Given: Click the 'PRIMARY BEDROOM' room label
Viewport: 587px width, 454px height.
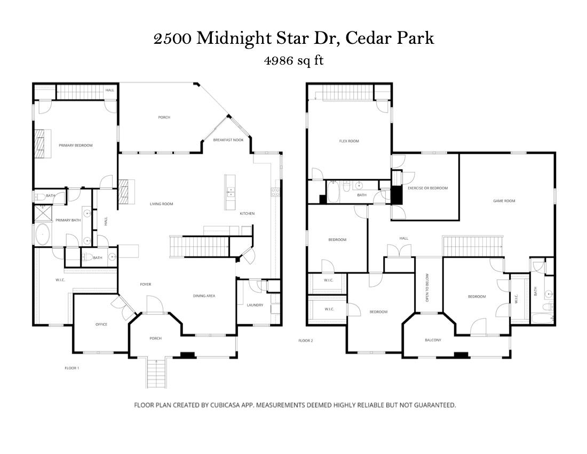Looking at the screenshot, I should (x=75, y=145).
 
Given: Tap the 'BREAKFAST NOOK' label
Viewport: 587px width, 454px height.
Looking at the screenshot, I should (x=228, y=140).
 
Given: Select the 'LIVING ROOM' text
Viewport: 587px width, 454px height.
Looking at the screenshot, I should (x=161, y=203).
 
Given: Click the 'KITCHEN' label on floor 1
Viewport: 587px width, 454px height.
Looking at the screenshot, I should (x=247, y=214).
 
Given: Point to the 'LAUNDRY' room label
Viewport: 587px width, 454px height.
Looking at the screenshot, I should (x=255, y=305).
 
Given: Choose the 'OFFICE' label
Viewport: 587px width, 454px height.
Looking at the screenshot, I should (x=101, y=324).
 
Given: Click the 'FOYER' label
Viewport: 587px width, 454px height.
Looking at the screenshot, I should (x=146, y=284).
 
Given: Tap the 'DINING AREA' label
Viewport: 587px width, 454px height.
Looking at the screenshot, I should (x=204, y=295).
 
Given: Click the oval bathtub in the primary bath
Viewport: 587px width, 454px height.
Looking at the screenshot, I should (x=43, y=234).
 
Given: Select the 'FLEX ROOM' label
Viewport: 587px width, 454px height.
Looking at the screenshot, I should (x=349, y=141).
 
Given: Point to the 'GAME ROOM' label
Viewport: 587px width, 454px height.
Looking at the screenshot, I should (x=504, y=201).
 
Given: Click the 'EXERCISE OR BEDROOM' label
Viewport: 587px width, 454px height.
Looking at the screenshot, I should (x=427, y=188).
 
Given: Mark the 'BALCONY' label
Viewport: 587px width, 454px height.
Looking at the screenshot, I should (x=433, y=340).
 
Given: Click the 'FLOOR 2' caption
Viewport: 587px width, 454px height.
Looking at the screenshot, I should (x=305, y=340).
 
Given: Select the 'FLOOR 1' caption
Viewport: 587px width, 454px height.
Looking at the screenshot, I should (x=72, y=368).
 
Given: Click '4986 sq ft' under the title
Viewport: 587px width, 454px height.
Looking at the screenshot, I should (x=293, y=60).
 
